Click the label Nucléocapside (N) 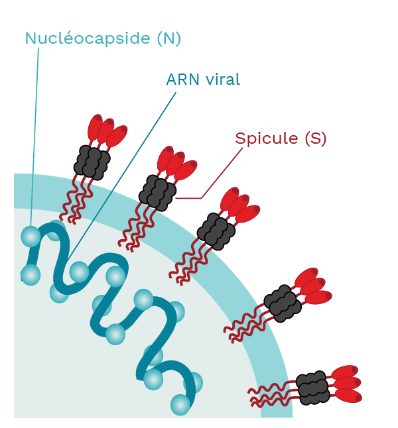pyautogui.click(x=103, y=39)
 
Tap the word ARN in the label pyautogui.click(x=182, y=80)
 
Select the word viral pyautogui.click(x=223, y=80)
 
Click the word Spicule pyautogui.click(x=267, y=139)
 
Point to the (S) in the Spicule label pyautogui.click(x=316, y=138)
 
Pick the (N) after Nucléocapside pyautogui.click(x=169, y=38)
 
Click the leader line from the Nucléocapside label pyautogui.click(x=34, y=137)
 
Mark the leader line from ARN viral pyautogui.click(x=122, y=175)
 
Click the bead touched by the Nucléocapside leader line pyautogui.click(x=31, y=237)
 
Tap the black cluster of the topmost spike pyautogui.click(x=92, y=162)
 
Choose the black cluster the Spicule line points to pyautogui.click(x=157, y=193)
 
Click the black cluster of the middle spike pyautogui.click(x=216, y=231)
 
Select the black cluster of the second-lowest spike pyautogui.click(x=283, y=303)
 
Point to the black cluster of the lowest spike pyautogui.click(x=313, y=388)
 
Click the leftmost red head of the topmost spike pyautogui.click(x=95, y=127)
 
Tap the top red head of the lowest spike pyautogui.click(x=345, y=372)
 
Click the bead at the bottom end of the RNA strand pyautogui.click(x=180, y=405)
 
